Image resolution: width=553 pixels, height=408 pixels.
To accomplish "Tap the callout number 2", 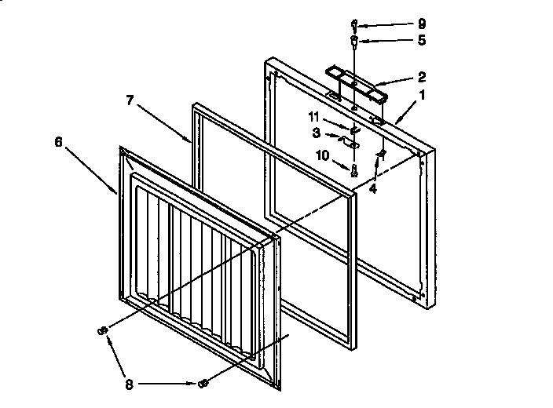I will tap(422, 77).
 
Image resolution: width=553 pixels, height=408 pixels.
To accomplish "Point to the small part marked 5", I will tap(355, 38).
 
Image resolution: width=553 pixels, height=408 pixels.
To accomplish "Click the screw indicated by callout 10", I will tap(355, 168).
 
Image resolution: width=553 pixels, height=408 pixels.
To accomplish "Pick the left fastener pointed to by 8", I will tap(101, 331).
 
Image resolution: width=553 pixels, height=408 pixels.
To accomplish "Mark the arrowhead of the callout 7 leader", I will tap(190, 141).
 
